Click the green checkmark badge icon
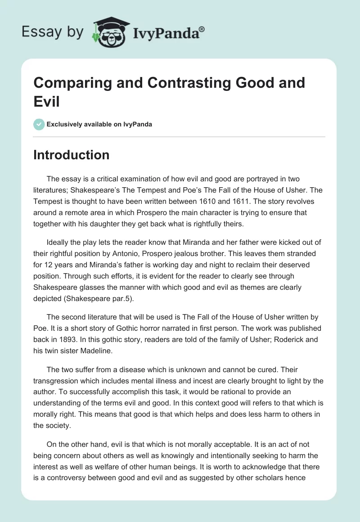39,124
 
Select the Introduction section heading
72,155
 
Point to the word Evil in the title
47,102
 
